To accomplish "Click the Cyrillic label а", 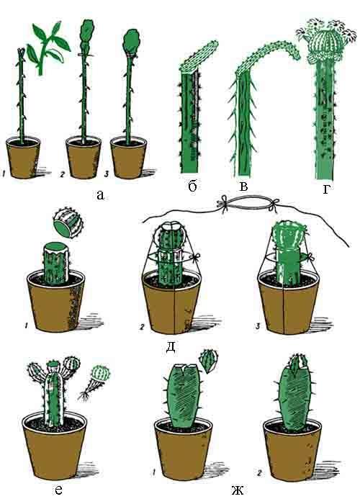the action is (100, 194).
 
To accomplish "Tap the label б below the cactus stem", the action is (192, 186).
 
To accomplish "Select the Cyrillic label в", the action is (244, 186).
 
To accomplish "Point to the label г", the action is (326, 189).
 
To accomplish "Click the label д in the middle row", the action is (171, 347).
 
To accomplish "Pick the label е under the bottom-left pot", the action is (58, 490).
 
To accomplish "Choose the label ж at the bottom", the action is (237, 490).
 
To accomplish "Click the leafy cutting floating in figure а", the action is (48, 48).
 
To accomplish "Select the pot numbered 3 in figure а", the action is (128, 158).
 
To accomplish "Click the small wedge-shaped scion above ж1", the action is (209, 360).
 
